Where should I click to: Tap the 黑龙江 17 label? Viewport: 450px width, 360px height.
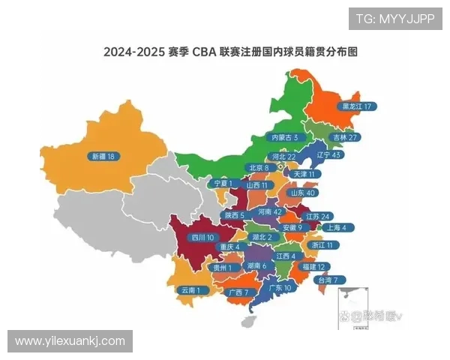(x=355, y=106)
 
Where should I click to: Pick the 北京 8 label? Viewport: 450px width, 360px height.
(x=259, y=168)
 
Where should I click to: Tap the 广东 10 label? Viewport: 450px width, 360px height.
(x=278, y=287)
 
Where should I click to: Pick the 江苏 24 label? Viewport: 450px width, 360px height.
(x=318, y=216)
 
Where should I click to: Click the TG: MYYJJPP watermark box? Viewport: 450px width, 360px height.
(x=394, y=19)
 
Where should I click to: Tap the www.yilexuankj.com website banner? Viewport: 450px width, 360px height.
(x=70, y=341)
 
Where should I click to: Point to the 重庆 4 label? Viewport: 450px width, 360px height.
(x=226, y=246)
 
